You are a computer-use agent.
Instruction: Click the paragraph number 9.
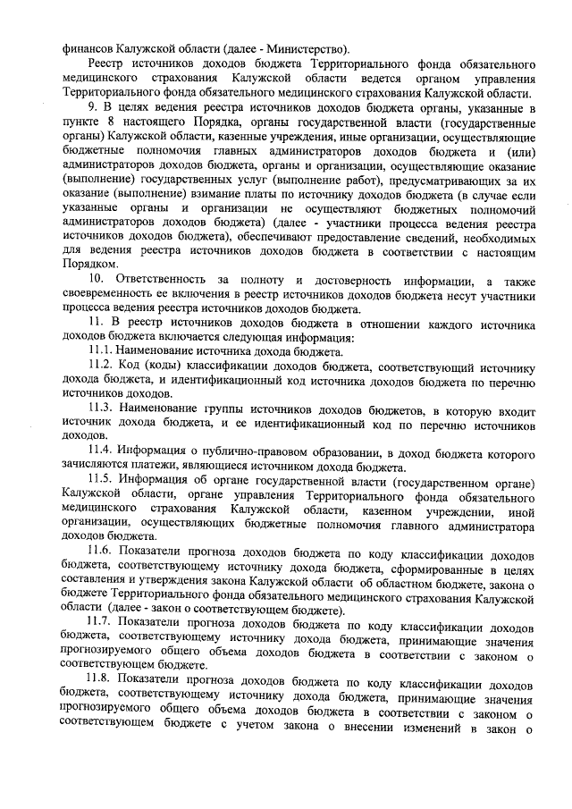[x=92, y=108]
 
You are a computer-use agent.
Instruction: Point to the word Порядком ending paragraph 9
[x=89, y=265]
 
